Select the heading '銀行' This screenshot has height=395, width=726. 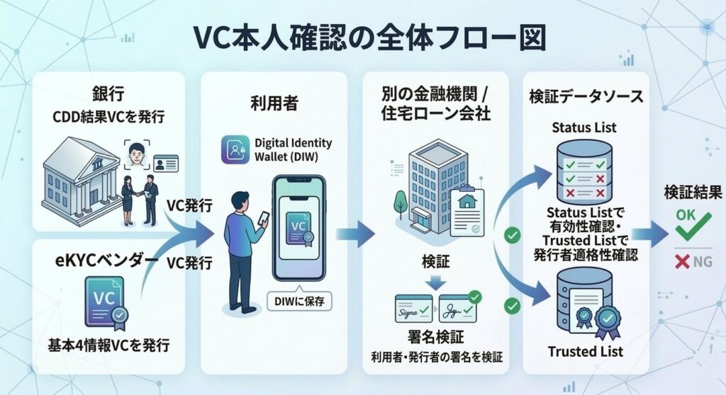109,93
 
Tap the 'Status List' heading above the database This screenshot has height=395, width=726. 585,128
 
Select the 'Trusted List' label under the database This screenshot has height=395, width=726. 585,352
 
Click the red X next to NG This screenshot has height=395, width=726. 683,262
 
